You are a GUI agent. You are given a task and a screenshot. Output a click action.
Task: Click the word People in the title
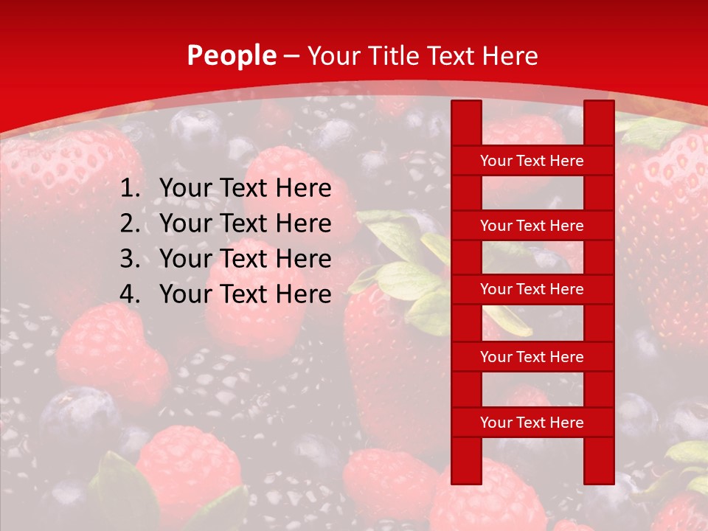232,55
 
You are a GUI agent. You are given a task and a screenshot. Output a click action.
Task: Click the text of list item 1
246,189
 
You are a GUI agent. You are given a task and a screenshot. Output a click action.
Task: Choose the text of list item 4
246,294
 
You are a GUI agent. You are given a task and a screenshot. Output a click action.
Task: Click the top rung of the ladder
532,161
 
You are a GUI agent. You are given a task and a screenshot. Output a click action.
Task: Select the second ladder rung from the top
532,226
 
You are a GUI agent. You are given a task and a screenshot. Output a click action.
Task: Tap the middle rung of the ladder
532,290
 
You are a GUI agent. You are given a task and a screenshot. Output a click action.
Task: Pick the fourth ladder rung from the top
532,357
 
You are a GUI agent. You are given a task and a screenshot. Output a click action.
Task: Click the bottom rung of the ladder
532,423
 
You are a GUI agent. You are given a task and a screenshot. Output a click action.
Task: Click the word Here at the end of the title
510,56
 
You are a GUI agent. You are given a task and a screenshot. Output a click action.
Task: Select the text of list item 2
246,223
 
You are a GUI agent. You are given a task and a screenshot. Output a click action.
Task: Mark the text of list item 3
246,259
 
